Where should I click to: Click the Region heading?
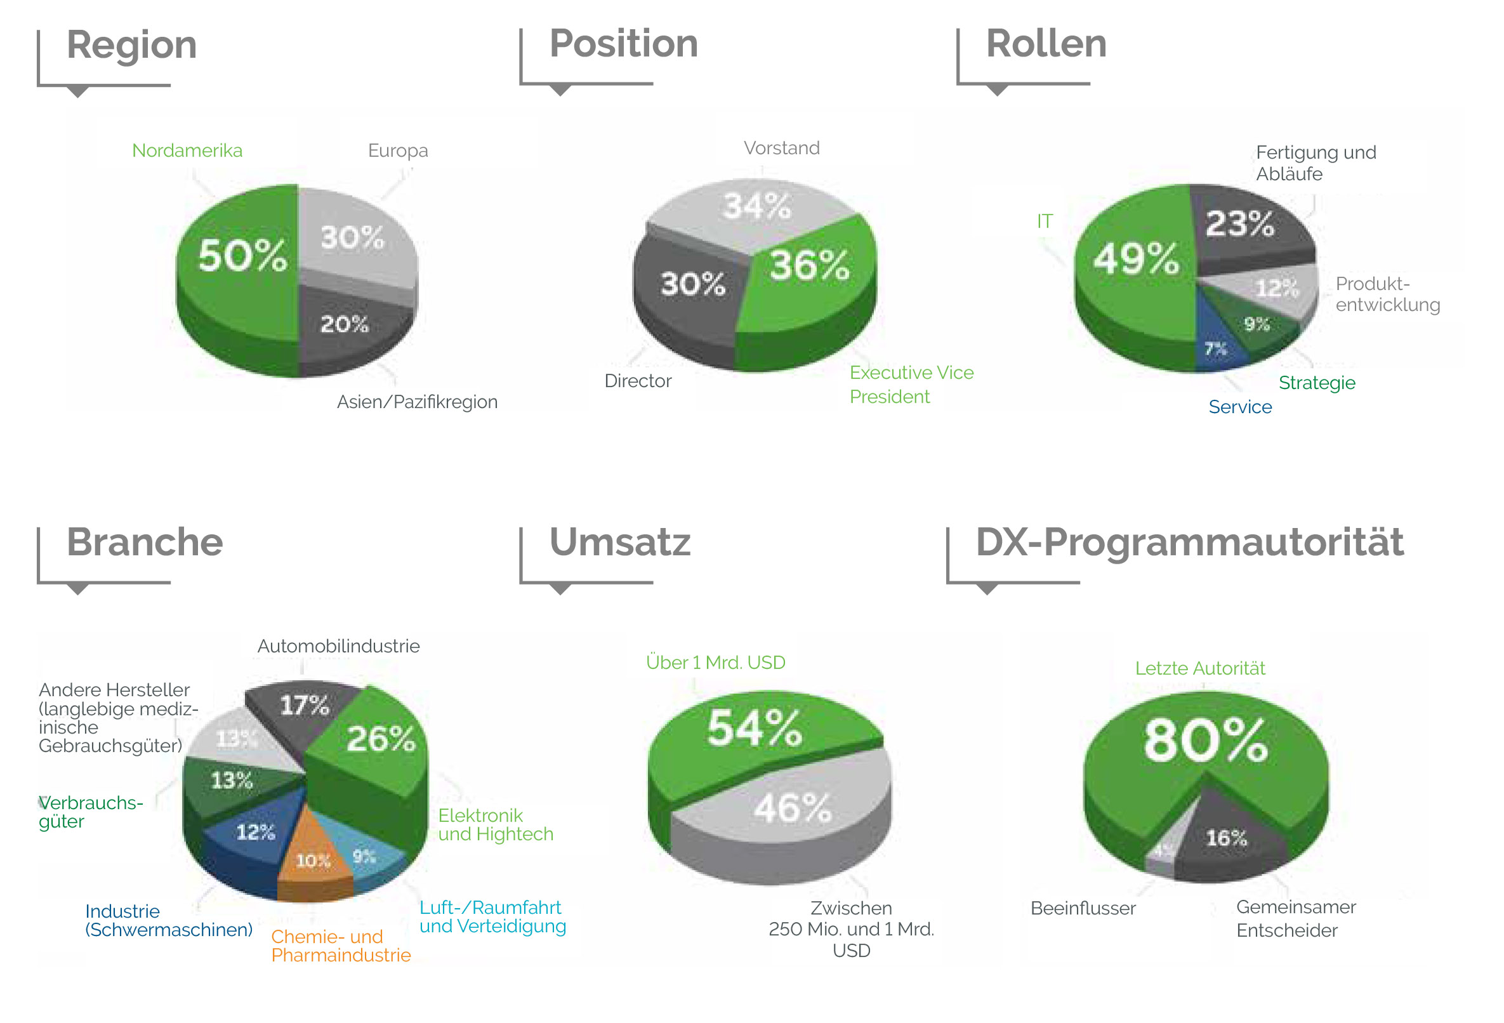[x=131, y=45]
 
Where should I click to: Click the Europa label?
[x=397, y=151]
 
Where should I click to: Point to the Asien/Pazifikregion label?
[x=417, y=402]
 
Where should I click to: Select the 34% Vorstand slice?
[x=756, y=207]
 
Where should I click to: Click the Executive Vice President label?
[x=911, y=385]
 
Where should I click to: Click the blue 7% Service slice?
[x=1217, y=350]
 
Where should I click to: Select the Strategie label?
[x=1316, y=383]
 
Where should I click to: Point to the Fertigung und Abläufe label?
[x=1315, y=163]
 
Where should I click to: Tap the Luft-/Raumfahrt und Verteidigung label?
[x=492, y=916]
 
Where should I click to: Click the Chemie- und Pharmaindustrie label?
[x=340, y=946]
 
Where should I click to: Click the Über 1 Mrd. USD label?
[x=715, y=663]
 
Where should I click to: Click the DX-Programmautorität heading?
[x=1189, y=542]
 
